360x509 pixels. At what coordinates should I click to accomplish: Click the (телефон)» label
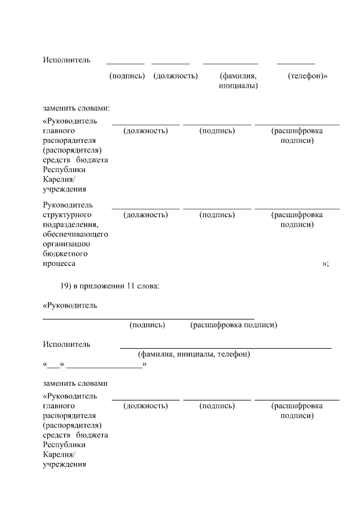307,76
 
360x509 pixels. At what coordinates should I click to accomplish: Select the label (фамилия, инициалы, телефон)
194,354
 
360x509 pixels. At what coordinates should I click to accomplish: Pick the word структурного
67,215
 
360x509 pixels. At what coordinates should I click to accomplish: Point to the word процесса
58,263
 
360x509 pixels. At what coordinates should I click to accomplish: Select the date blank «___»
54,364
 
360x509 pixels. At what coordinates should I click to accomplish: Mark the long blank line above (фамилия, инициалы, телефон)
225,348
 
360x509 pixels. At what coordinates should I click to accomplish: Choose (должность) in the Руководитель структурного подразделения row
145,215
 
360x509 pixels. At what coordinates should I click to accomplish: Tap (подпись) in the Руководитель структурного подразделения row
217,215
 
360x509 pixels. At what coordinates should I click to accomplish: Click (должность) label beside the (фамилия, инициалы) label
175,76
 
